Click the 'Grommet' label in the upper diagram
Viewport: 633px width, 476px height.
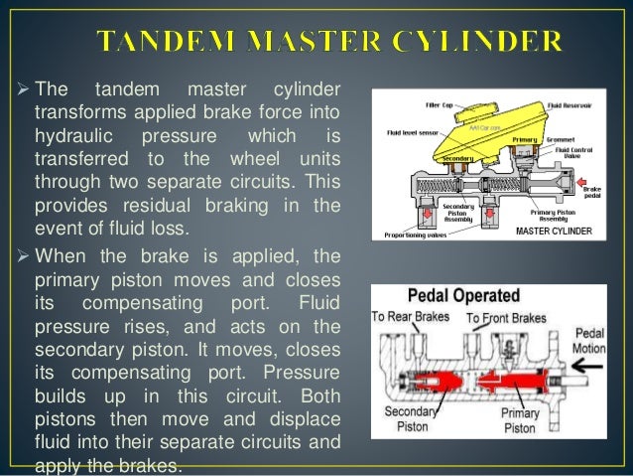(562, 141)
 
